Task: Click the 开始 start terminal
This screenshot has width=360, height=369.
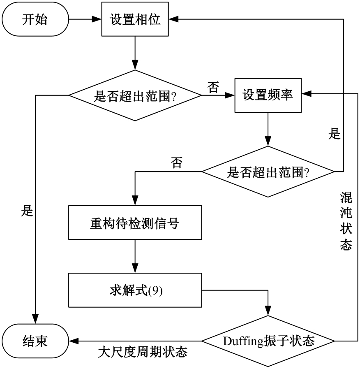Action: (35, 20)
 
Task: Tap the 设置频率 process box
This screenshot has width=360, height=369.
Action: (268, 95)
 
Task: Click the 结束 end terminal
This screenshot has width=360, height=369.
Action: (35, 341)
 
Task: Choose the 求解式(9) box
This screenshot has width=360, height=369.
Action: (134, 290)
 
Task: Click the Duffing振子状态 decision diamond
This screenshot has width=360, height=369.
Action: (268, 341)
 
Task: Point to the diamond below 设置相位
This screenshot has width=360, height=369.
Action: (135, 95)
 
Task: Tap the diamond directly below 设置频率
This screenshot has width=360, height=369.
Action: (268, 171)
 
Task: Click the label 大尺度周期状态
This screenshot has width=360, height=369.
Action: (143, 353)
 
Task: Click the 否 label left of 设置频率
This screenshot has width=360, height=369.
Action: (213, 87)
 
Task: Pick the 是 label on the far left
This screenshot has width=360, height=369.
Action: (27, 211)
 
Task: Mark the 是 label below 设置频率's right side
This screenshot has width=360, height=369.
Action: (335, 134)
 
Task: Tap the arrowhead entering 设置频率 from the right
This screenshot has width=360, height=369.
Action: (306, 95)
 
